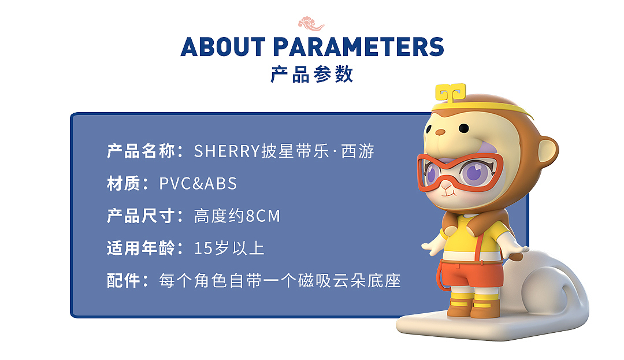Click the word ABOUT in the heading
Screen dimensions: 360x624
[x=223, y=47]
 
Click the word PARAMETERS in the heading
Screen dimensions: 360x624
[x=358, y=47]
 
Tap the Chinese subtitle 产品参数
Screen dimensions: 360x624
[x=311, y=75]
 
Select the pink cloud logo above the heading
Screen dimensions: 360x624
[x=311, y=24]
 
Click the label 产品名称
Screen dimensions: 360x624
[x=141, y=151]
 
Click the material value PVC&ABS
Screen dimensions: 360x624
[x=198, y=184]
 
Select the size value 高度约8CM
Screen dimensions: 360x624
[x=237, y=216]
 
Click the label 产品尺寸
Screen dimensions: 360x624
[x=141, y=216]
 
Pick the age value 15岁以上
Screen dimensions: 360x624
[x=229, y=248]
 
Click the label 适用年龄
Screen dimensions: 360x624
[x=141, y=248]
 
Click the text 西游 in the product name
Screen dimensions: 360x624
[x=358, y=151]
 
